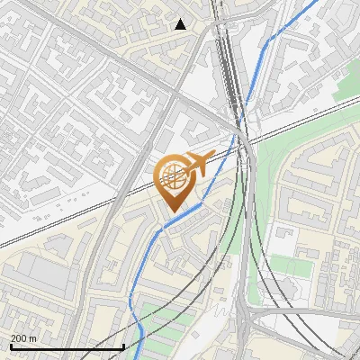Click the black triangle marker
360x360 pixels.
point(181,24)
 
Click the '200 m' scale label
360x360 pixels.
point(24,337)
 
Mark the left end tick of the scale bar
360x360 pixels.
point(11,346)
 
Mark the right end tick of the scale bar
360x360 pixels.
point(123,346)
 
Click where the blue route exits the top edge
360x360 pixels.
point(317,1)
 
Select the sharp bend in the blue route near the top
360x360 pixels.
point(267,40)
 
